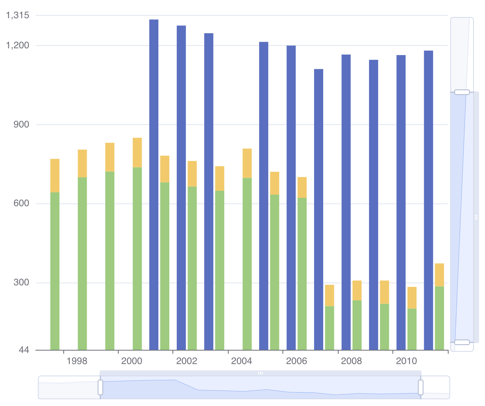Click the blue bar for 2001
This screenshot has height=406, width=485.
153,184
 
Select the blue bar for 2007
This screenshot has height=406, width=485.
318,209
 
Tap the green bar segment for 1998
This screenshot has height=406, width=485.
82,263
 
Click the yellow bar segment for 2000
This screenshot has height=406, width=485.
137,152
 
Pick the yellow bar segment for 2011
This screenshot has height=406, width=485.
439,275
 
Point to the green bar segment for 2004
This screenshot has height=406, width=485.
247,264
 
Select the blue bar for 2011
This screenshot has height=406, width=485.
428,200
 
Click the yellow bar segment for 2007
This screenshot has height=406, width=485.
330,295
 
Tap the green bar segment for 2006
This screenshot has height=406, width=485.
302,273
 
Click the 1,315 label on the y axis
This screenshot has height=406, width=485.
18,15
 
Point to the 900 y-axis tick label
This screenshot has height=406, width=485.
21,125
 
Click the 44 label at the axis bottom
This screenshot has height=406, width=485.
24,350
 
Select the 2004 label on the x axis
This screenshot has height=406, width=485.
241,361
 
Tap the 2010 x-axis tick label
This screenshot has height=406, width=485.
406,361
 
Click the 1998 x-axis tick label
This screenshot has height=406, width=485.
77,361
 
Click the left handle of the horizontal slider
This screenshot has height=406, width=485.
100,387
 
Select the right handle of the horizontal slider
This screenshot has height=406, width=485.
421,387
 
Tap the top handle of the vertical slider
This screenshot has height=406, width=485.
462,92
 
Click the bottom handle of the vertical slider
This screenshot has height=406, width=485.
462,342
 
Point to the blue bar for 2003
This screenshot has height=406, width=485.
208,192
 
